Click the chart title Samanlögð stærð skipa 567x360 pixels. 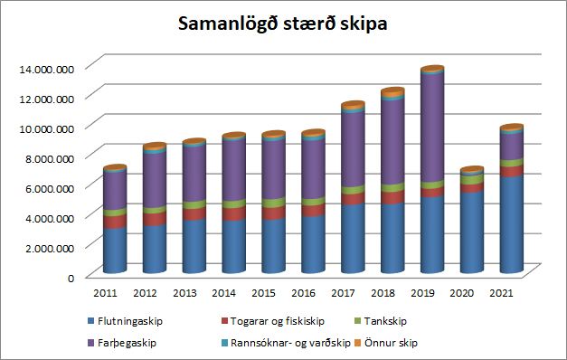(283, 24)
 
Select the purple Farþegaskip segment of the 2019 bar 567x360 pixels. (432, 128)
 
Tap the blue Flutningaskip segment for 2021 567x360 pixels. (512, 223)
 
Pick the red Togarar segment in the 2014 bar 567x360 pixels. (233, 213)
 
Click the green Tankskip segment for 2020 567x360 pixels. (472, 179)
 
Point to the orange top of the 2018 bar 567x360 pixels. (392, 92)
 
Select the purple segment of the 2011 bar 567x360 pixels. (115, 190)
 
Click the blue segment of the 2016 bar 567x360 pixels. (313, 244)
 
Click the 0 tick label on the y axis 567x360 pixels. (71, 279)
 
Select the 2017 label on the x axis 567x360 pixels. (343, 293)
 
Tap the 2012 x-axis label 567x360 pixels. (145, 293)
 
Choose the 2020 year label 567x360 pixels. (461, 293)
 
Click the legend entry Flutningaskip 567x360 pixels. (125, 321)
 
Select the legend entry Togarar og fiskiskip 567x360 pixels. (273, 321)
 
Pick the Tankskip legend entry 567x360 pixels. (381, 321)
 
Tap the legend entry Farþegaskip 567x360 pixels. (122, 343)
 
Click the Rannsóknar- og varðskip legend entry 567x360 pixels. (286, 343)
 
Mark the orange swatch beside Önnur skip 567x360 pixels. (357, 342)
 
